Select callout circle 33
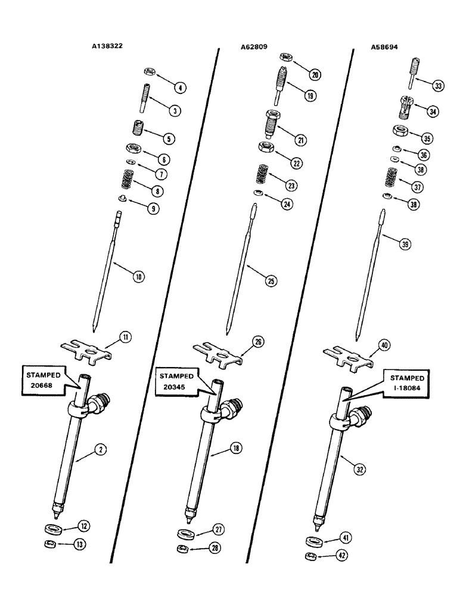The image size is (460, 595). click(438, 86)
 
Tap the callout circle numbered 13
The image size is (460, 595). click(79, 544)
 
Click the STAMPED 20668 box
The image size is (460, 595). click(44, 382)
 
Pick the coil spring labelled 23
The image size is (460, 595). click(263, 174)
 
